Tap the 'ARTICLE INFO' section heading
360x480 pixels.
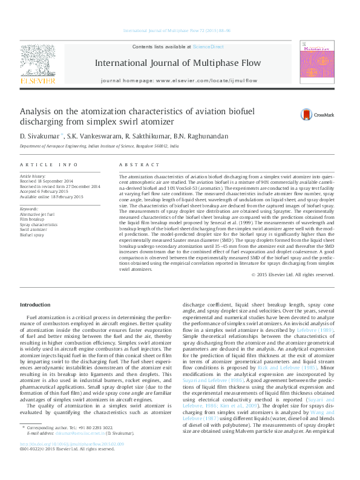(49, 164)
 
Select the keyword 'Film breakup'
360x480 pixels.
(33, 219)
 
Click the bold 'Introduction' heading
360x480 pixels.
(36, 304)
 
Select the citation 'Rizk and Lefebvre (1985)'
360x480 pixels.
(299, 368)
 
